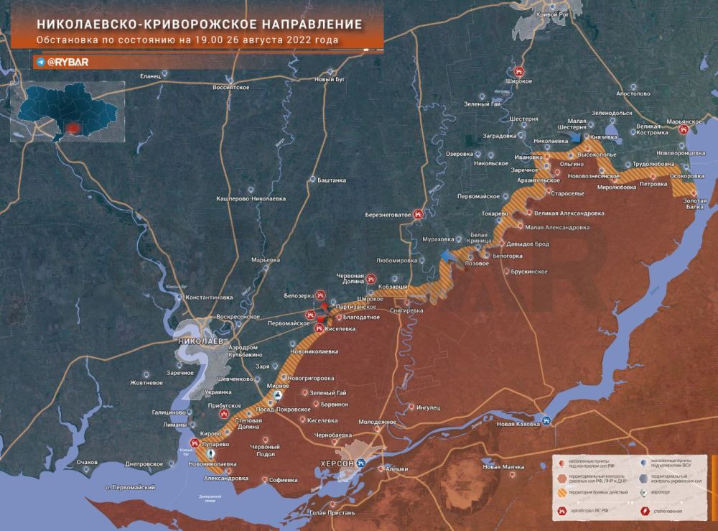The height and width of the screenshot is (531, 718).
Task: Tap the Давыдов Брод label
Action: [x=526, y=244]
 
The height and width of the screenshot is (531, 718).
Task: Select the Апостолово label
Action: [x=632, y=93]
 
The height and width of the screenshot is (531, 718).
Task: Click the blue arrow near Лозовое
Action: [x=448, y=256]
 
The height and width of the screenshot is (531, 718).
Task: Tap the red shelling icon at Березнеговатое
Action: [x=429, y=213]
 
